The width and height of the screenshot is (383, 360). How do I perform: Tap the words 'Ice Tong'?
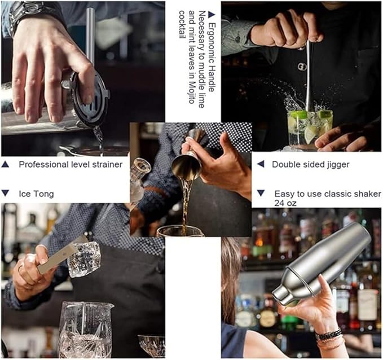[36, 194]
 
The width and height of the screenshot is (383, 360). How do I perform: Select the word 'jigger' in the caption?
[337, 165]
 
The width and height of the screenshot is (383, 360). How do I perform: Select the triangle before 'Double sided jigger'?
[260, 165]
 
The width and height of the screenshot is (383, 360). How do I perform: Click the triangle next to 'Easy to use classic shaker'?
[261, 193]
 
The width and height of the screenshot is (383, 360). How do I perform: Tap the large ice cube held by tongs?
[85, 260]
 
